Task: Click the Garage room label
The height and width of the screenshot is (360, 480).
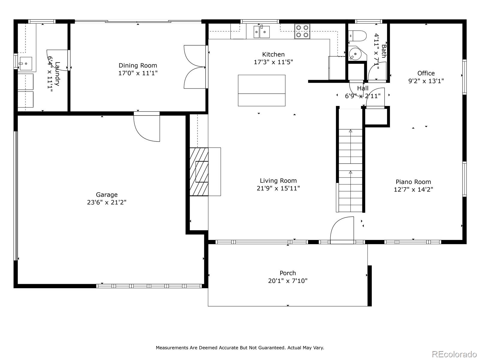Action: pyautogui.click(x=106, y=195)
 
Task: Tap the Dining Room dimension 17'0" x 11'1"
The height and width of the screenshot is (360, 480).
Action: pyautogui.click(x=138, y=73)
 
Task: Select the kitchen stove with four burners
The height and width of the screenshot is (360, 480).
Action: pyautogui.click(x=302, y=31)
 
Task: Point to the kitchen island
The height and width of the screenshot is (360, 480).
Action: pyautogui.click(x=262, y=90)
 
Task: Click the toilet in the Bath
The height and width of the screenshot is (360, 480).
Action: pyautogui.click(x=358, y=36)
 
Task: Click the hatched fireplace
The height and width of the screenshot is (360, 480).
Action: pyautogui.click(x=199, y=172)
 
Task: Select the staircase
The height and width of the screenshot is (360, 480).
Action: pyautogui.click(x=350, y=160)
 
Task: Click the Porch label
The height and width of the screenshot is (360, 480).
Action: pyautogui.click(x=288, y=273)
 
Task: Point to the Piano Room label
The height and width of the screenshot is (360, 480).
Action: pyautogui.click(x=413, y=182)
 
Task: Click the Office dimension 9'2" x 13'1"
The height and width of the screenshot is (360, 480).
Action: pyautogui.click(x=426, y=81)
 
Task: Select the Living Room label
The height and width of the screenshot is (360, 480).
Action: pyautogui.click(x=278, y=181)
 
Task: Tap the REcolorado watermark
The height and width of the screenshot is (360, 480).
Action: pyautogui.click(x=455, y=354)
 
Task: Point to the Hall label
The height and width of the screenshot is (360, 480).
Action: pyautogui.click(x=363, y=88)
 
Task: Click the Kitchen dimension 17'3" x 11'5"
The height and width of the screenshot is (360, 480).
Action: pyautogui.click(x=273, y=62)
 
